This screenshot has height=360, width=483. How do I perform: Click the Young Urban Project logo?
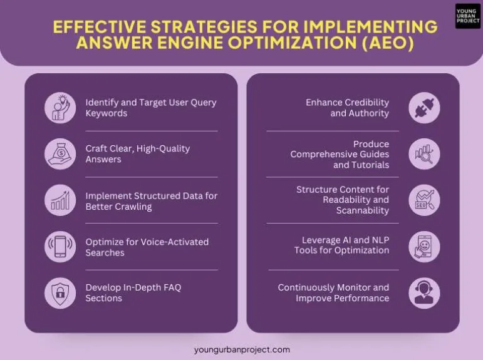click(467, 16)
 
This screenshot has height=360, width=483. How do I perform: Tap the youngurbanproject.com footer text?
click(242, 349)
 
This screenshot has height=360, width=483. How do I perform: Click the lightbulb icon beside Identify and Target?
click(60, 108)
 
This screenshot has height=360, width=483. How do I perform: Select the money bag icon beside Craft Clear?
click(60, 154)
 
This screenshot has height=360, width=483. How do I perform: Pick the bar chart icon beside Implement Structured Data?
click(60, 200)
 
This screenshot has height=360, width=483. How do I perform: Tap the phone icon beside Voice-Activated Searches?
click(60, 247)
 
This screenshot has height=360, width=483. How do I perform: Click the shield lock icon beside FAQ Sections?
click(60, 292)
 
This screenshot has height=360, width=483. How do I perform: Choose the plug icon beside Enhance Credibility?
click(424, 108)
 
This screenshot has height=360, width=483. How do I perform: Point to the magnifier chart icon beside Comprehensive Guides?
click(424, 154)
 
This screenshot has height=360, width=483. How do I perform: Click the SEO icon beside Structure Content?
click(424, 200)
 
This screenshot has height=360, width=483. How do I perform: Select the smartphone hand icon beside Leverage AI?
click(424, 246)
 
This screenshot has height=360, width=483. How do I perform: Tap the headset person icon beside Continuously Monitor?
click(424, 292)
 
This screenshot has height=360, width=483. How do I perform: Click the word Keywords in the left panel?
click(106, 113)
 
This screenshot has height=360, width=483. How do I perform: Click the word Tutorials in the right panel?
click(370, 165)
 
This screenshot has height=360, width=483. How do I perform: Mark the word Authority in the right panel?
click(369, 113)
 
